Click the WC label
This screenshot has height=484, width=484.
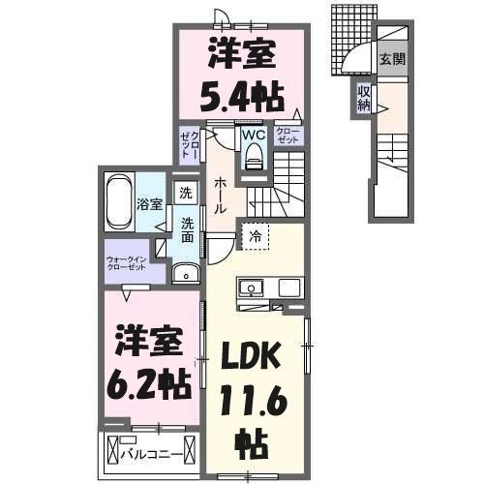pos(253,136)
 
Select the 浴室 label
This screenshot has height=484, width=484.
pos(149,204)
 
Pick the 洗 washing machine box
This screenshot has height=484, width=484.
pos(186,193)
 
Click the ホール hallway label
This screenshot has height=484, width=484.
pos(220,195)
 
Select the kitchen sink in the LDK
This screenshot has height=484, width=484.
pos(250,288)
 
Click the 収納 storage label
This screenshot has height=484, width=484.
pos(363,98)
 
